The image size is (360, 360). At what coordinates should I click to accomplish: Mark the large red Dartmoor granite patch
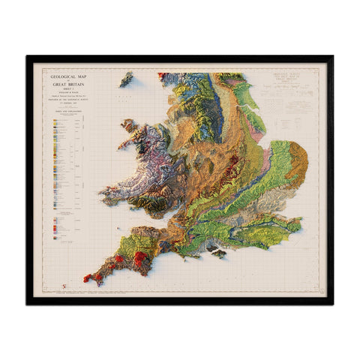(x=140, y=259)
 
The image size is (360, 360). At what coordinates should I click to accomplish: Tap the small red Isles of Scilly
(x=64, y=286)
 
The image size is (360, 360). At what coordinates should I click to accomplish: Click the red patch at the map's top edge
(x=161, y=74)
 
